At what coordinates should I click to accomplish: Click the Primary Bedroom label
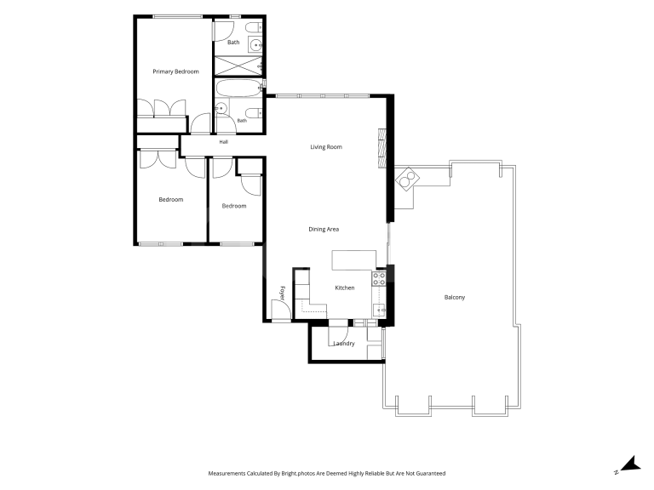175,71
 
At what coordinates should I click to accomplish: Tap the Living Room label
326,146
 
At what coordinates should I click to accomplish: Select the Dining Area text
324,229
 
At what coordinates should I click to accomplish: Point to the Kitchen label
345,288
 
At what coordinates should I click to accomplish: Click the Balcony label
455,298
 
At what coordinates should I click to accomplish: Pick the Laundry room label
344,344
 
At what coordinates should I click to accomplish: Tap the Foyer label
283,293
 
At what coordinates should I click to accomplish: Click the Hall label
224,142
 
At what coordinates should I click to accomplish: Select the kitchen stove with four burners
379,279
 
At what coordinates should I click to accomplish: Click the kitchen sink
379,311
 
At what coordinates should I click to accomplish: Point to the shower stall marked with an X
238,66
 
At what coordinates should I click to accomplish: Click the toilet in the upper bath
253,28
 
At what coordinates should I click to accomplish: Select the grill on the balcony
408,179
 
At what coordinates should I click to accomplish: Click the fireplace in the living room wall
382,148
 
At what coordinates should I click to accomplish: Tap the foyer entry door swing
281,310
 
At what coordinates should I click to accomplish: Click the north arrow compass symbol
629,464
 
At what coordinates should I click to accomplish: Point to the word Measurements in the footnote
227,473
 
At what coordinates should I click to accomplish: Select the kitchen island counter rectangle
354,260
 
